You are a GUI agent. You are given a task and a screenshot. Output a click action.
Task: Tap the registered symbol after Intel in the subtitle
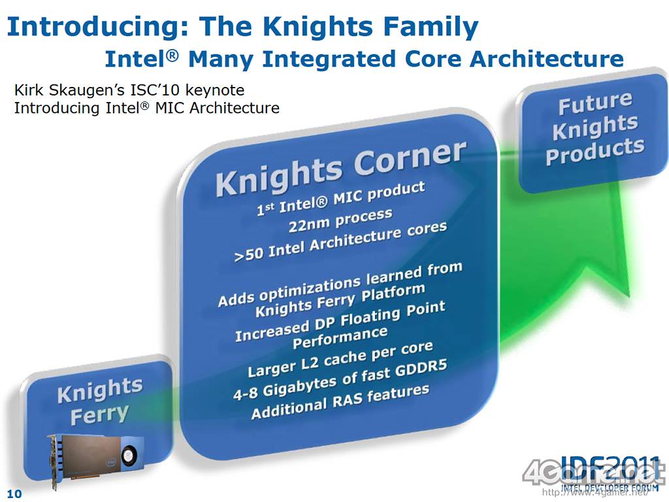tap(172, 55)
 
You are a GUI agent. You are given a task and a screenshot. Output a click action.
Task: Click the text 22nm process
tap(340, 220)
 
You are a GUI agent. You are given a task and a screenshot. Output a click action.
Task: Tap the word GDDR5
tap(421, 370)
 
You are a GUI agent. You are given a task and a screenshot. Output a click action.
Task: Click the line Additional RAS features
tap(340, 402)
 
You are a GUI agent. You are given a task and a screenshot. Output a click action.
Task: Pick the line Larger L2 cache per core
tap(340, 359)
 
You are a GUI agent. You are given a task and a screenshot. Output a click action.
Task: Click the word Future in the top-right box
tap(595, 103)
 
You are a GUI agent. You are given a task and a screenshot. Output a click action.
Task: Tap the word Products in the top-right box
tap(595, 151)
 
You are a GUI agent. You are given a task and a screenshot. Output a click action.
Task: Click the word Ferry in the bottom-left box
tap(99, 415)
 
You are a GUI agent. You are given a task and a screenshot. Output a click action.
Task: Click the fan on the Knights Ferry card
tap(127, 456)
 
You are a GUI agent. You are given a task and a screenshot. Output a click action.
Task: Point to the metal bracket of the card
tap(53, 462)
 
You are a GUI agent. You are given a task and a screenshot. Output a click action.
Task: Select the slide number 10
tap(14, 494)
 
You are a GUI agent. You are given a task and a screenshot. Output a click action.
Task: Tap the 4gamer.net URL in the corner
tap(595, 493)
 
